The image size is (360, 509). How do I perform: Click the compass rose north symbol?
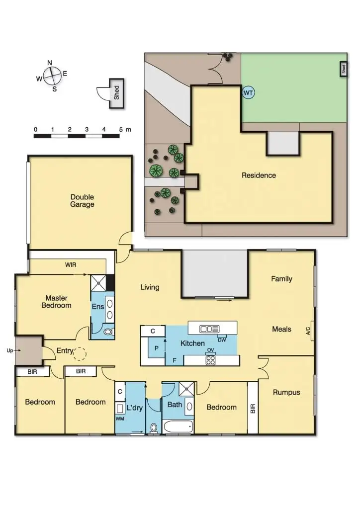tap(50, 63)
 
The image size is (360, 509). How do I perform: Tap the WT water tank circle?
tap(248, 92)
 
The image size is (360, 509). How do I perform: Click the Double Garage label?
tap(82, 201)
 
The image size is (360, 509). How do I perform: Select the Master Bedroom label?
tap(56, 302)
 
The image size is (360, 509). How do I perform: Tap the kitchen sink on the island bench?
tap(209, 329)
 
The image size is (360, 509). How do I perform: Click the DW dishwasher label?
tap(222, 339)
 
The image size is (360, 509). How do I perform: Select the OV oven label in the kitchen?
tap(210, 350)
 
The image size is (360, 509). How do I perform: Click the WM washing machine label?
tap(119, 419)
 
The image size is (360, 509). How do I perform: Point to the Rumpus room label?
tap(286, 392)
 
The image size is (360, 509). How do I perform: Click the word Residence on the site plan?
tap(259, 175)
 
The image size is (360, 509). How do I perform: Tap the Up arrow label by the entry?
tap(9, 350)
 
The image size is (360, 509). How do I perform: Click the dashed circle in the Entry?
tap(80, 353)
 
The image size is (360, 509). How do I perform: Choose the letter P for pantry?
tap(156, 348)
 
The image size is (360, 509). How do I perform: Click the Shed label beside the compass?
tap(117, 93)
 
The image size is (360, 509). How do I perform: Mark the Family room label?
tap(281, 279)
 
